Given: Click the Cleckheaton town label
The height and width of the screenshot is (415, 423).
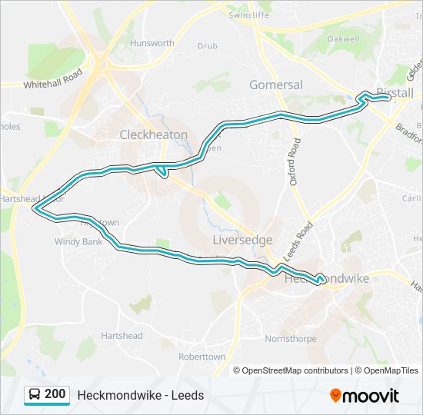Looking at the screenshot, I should point(153,134).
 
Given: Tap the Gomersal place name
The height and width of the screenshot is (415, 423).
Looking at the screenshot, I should point(276,85).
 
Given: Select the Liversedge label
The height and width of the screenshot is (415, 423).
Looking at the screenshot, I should point(242,240).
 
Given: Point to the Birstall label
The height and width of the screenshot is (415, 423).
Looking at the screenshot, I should point(395,93).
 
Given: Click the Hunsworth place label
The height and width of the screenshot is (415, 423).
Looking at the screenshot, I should point(152,44).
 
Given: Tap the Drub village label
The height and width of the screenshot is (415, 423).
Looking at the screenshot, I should point(207,46).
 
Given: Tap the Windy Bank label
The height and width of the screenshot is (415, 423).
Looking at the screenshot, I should point(78,242).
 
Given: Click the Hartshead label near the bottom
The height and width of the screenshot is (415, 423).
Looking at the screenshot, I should point(122,336).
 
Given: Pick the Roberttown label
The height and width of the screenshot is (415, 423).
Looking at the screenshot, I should point(202,357).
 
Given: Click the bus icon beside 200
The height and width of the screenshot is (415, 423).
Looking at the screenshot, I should point(35,395).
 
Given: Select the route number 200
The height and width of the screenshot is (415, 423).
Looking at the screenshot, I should point(55,394).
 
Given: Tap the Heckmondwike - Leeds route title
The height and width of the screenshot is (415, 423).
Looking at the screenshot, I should point(140,395).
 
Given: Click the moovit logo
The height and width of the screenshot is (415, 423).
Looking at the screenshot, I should point(365,395).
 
